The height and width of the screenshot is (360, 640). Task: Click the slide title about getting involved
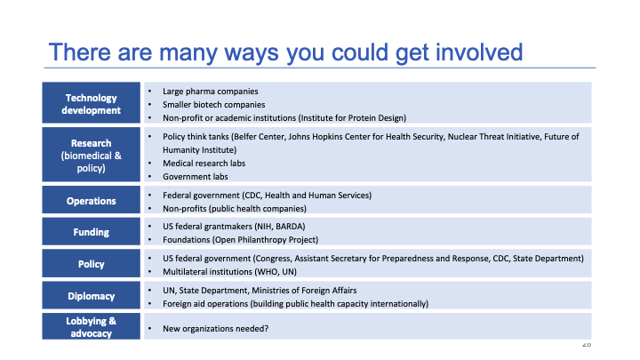coord(285,51)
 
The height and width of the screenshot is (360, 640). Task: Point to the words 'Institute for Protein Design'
coord(353,117)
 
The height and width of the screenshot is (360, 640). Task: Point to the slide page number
coord(586,344)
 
